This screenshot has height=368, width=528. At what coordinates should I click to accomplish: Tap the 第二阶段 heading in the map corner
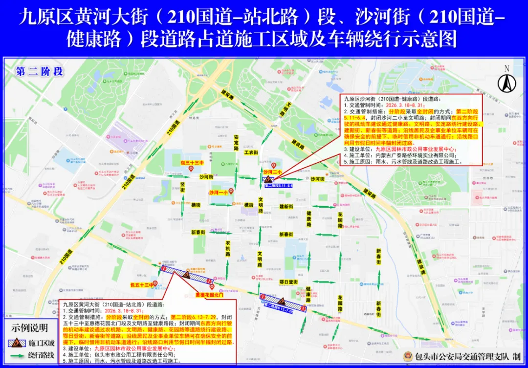39,71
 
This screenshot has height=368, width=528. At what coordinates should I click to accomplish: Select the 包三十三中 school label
192,163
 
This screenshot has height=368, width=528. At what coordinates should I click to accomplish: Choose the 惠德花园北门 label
209,295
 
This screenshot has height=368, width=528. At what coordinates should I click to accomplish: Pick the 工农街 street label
251,153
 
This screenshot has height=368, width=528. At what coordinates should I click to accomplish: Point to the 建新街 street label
286,207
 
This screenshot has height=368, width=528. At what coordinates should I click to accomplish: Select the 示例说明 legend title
30,327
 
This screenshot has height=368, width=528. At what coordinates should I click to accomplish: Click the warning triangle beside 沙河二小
267,179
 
